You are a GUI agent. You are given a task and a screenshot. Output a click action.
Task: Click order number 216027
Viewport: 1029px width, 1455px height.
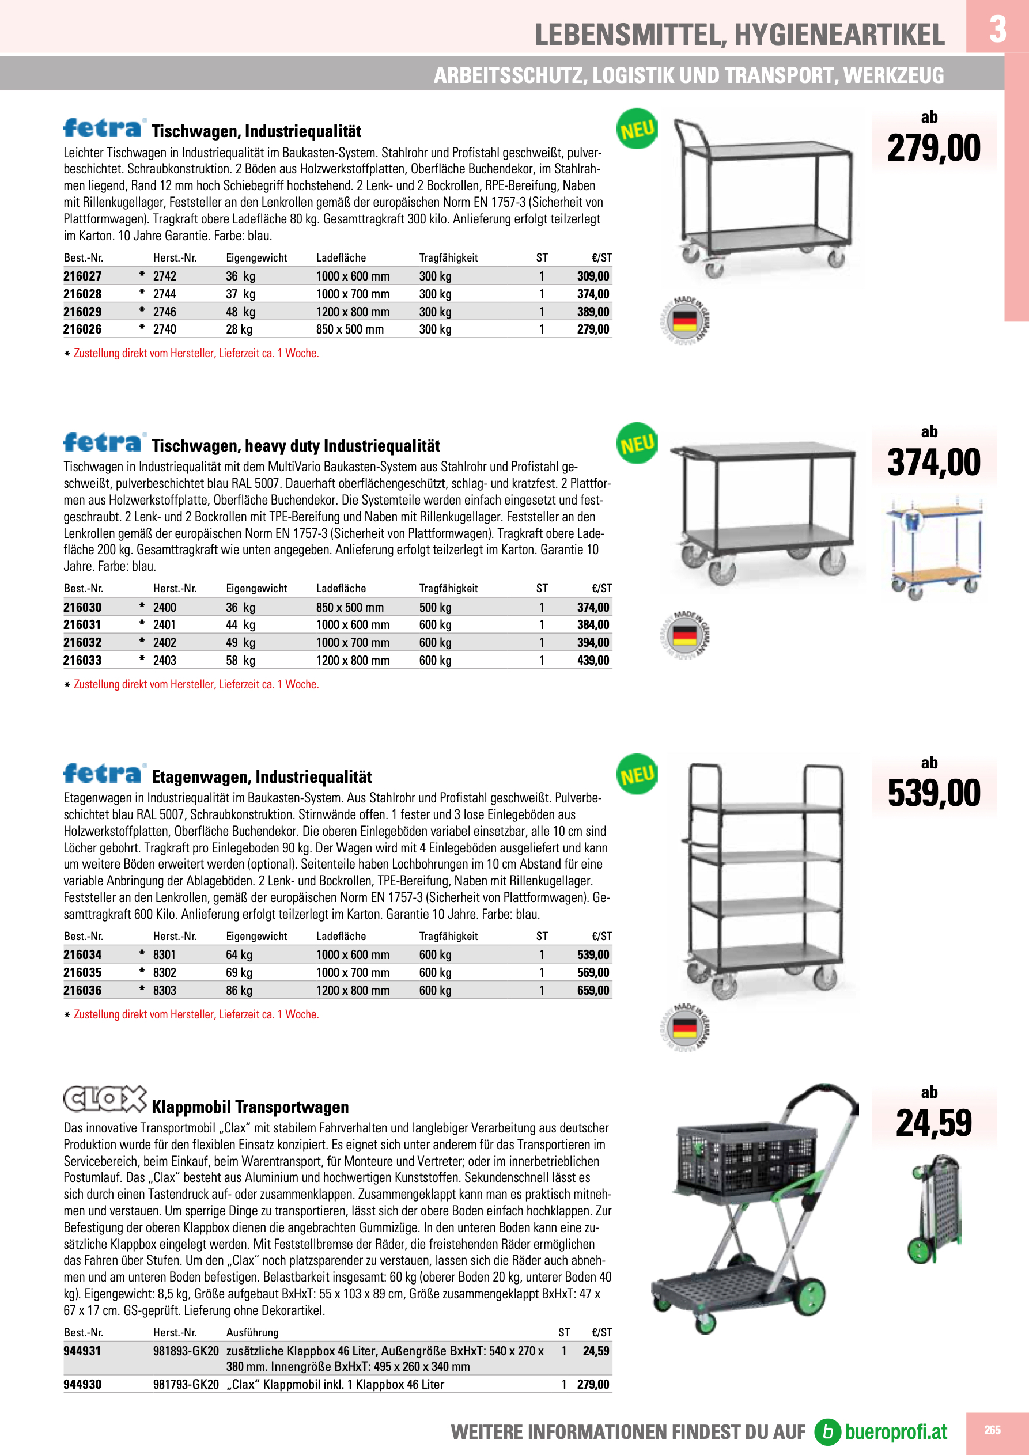pos(82,276)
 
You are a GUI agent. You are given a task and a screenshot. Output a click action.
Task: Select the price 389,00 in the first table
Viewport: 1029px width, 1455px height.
pos(593,312)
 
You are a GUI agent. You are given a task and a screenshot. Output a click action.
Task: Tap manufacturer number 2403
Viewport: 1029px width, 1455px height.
pos(165,660)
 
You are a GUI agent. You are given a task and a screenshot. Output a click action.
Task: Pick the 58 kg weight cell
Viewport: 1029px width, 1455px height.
pos(240,660)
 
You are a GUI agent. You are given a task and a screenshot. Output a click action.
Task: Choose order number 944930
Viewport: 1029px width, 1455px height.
pos(82,1385)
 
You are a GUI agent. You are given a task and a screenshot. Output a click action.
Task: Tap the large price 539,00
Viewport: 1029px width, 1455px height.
pos(933,793)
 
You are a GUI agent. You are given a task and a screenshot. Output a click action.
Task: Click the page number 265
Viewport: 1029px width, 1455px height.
pos(992,1430)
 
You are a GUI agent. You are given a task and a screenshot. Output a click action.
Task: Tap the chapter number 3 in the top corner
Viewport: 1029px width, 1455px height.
pos(997,29)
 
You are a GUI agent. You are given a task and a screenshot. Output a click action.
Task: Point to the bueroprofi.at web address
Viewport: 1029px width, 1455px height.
pos(895,1431)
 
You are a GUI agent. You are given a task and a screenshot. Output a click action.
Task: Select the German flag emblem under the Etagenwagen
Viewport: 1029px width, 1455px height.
pos(684,1027)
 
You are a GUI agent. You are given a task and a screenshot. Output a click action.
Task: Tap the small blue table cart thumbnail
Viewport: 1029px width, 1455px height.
pos(935,549)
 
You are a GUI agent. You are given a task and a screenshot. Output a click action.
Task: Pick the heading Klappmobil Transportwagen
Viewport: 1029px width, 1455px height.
pos(250,1107)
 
